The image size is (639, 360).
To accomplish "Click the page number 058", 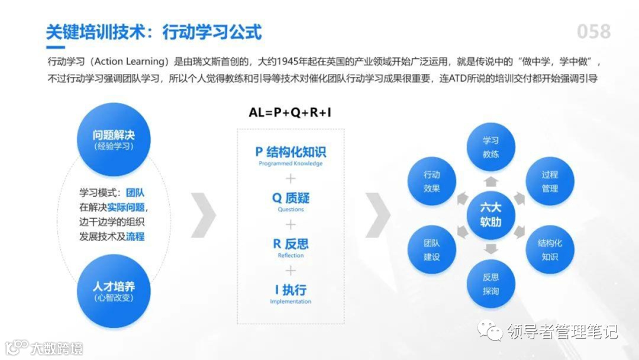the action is click(593, 31).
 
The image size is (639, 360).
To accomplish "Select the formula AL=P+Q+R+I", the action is click(291, 112).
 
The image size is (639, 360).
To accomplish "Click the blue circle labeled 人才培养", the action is click(114, 291).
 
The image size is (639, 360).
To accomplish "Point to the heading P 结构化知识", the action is click(291, 152).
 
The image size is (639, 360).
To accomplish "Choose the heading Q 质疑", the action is click(291, 198).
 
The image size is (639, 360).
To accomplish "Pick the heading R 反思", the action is click(291, 244).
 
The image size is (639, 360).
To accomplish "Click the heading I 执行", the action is click(291, 290).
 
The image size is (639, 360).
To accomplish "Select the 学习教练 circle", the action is click(490, 147).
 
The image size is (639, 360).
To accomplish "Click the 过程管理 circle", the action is click(550, 181).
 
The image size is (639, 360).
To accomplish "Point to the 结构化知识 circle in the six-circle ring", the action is click(550, 249).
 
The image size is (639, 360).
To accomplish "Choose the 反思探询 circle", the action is click(490, 284).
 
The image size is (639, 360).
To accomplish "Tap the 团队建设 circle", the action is click(432, 249).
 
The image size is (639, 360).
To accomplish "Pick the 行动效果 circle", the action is click(432, 181).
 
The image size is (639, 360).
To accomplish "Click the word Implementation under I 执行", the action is click(291, 301).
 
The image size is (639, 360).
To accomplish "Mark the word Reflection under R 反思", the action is click(291, 255).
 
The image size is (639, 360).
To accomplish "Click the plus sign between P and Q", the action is click(291, 178).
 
